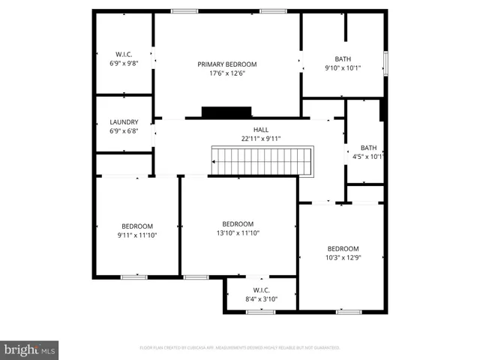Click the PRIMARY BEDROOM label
tap(227, 64)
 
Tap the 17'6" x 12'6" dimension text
tap(227, 73)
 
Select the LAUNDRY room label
tap(124, 122)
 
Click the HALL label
tap(260, 130)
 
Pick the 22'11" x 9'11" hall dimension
tap(260, 138)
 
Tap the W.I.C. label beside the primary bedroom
tap(124, 54)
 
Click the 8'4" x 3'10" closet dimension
tap(261, 299)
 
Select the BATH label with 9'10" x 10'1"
tap(343, 59)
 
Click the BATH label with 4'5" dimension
tap(368, 148)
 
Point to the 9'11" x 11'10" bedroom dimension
tap(137, 235)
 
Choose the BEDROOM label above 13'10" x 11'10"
tap(238, 224)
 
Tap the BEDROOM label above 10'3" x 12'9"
tap(343, 249)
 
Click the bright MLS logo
tap(29, 349)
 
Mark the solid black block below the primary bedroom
tap(226, 112)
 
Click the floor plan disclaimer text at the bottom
tap(240, 348)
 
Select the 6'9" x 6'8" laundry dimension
tap(124, 131)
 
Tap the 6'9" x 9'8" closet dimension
tap(124, 63)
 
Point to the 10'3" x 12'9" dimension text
tap(343, 258)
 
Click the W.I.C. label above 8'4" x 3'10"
tap(261, 290)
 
